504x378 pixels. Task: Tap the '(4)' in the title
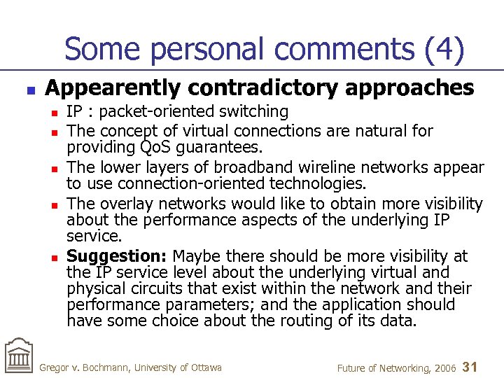(443, 50)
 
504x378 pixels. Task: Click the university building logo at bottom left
(18, 357)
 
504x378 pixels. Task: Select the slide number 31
(470, 367)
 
